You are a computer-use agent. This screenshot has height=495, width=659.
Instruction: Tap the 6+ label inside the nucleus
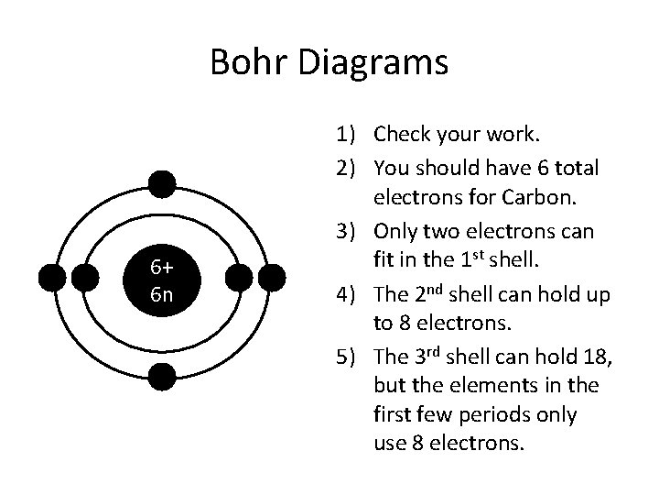[x=162, y=267]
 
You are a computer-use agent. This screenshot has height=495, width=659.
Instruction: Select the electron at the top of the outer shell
[x=162, y=184]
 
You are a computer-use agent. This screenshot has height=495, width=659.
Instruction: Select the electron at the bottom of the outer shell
[x=162, y=376]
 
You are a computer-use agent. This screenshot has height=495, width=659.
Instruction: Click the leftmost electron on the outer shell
[x=54, y=276]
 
